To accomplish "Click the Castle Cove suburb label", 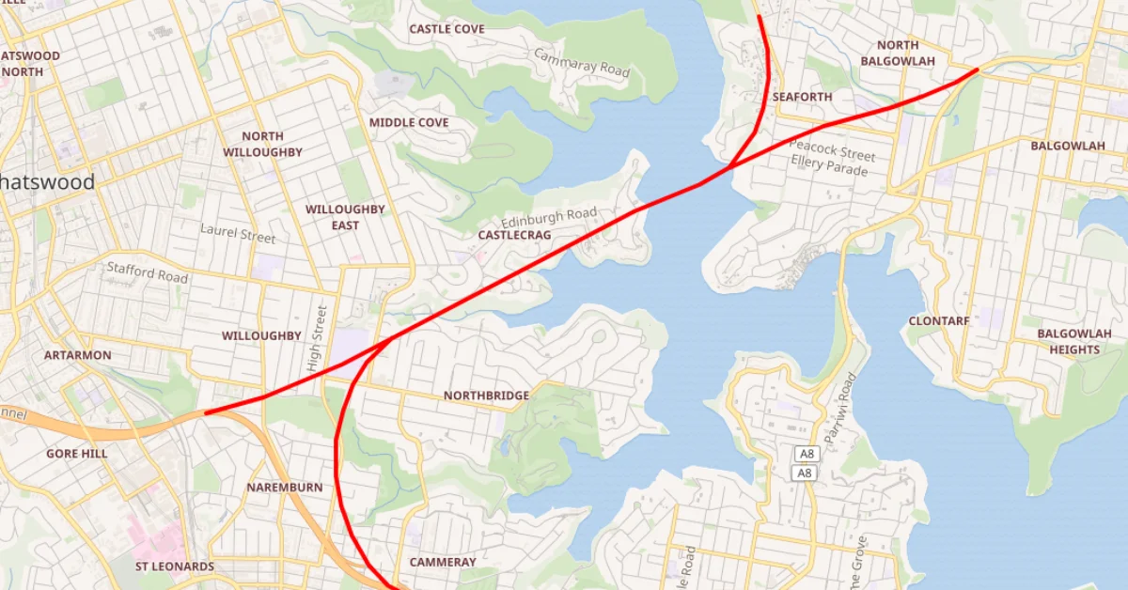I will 446,29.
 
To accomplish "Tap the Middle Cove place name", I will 409,123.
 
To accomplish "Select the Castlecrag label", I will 514,234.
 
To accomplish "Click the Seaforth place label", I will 802,97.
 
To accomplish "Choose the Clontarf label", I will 938,321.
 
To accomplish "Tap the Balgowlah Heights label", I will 1074,341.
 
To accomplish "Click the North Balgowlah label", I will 898,54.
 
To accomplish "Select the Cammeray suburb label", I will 443,562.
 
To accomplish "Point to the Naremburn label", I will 285,488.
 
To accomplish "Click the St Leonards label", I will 175,567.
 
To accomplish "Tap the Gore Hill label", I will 77,454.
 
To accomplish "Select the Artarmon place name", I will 78,355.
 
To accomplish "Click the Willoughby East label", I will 345,217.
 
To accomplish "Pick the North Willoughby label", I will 263,144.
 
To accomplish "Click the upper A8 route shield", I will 806,454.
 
